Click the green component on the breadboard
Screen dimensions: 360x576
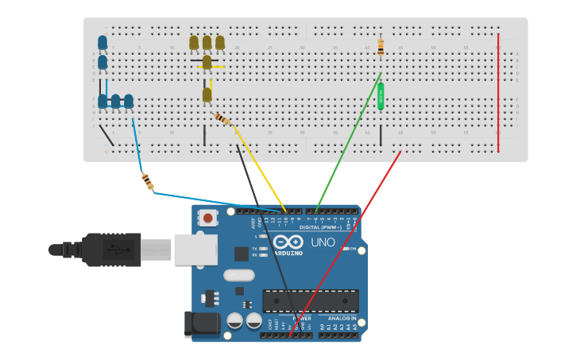point(381,96)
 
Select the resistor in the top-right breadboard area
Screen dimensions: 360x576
point(381,47)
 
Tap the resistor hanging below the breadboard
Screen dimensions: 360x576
point(148,182)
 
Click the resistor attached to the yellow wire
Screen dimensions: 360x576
point(222,119)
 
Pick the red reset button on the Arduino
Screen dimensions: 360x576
point(208,218)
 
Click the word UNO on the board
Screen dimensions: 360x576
point(323,242)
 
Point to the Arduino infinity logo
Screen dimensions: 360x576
point(288,242)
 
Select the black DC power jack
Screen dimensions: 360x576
point(202,323)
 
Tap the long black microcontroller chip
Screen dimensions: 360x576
point(311,300)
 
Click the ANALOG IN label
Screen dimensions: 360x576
point(338,318)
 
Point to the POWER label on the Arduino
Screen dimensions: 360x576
point(301,318)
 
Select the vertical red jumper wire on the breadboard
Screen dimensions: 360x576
point(498,92)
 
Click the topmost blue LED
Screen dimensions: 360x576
point(102,42)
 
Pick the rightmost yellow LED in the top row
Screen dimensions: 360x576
point(220,42)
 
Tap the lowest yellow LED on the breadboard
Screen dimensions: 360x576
point(207,95)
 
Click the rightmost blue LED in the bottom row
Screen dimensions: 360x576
point(129,101)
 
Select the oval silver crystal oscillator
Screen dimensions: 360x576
point(238,276)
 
